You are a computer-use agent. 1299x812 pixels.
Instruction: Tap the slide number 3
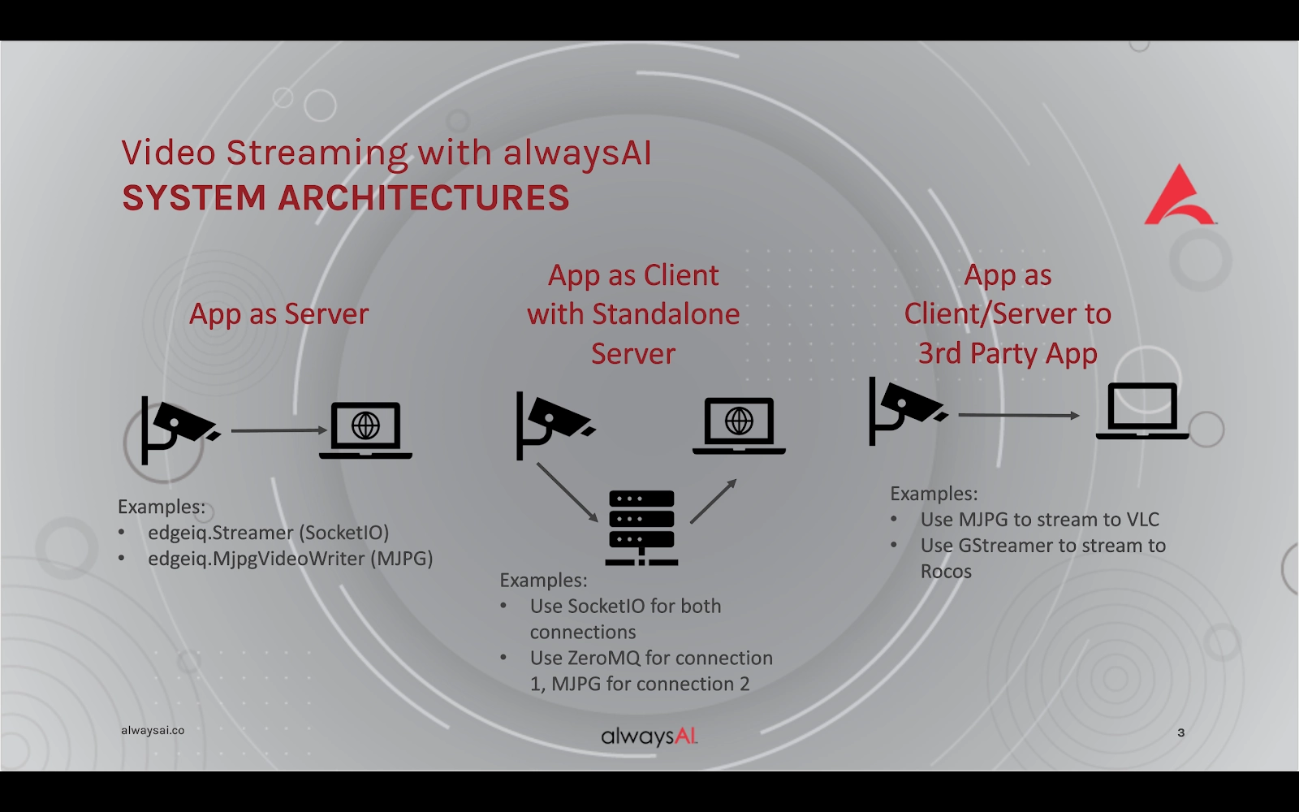point(1180,732)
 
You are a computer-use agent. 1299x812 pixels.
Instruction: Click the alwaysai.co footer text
point(153,730)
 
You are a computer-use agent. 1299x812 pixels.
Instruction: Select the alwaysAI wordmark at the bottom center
point(649,736)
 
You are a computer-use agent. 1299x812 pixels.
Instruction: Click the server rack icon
point(641,528)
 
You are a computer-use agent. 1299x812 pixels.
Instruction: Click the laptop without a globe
point(1141,411)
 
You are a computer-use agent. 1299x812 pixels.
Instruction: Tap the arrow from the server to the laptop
point(714,501)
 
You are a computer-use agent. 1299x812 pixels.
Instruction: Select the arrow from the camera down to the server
point(568,492)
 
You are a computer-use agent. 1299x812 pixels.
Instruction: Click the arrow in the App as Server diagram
point(279,430)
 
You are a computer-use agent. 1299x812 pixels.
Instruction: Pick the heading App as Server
point(278,313)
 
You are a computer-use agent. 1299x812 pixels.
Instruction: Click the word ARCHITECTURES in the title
point(423,197)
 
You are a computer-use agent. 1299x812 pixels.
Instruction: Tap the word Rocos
point(946,572)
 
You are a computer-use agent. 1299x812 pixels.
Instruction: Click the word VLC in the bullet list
point(1142,519)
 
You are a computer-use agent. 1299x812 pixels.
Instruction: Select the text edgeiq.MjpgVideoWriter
point(257,559)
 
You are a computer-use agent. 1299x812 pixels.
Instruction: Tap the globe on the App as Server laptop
point(365,425)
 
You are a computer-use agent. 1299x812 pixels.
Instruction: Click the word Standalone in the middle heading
point(666,313)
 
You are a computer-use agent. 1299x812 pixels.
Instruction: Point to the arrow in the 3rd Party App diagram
point(1019,415)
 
